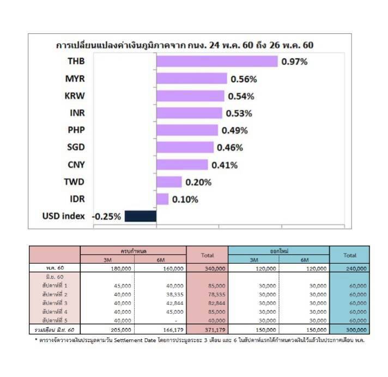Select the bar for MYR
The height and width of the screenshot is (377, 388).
pyautogui.click(x=191, y=78)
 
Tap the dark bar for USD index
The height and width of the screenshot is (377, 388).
pyautogui.click(x=141, y=216)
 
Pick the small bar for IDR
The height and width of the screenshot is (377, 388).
pyautogui.click(x=162, y=199)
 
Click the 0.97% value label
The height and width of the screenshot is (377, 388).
pyautogui.click(x=295, y=62)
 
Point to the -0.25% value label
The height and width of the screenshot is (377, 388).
pyautogui.click(x=107, y=216)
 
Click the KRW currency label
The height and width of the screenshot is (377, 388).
pyautogui.click(x=75, y=96)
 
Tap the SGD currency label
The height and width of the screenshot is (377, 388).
pyautogui.click(x=76, y=148)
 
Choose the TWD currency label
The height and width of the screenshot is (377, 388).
pyautogui.click(x=74, y=182)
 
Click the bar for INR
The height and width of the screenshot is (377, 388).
pyautogui.click(x=189, y=113)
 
